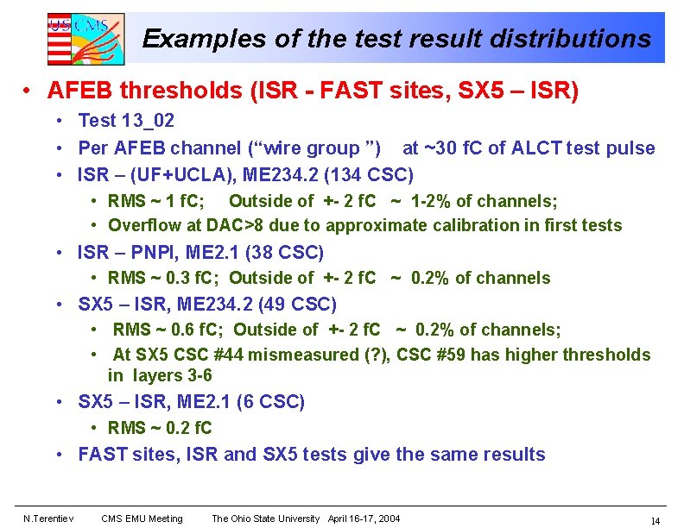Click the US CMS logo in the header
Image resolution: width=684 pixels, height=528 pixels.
[x=85, y=38]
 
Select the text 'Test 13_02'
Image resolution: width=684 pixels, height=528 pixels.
[x=126, y=122]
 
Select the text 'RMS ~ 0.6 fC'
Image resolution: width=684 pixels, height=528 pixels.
[x=168, y=330]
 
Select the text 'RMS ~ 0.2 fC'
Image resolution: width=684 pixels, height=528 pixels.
[x=160, y=428]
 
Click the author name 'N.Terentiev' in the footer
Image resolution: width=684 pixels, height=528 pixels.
[x=48, y=519]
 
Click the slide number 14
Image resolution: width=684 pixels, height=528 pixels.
[x=655, y=520]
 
